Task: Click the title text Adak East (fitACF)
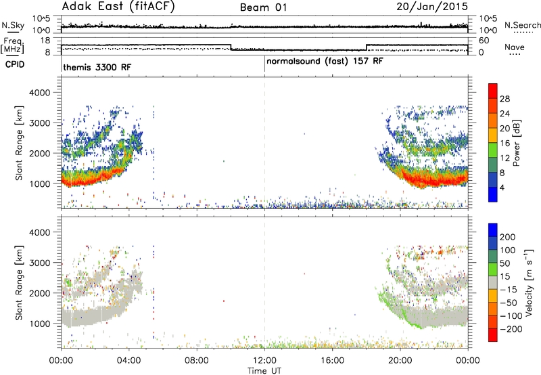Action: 118,6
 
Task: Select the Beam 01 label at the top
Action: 264,7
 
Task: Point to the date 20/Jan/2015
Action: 432,7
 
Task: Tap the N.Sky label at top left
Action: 13,25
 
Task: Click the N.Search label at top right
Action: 523,25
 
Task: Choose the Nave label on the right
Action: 515,47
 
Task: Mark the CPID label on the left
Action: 15,64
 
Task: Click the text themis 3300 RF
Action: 97,67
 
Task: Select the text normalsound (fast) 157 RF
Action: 325,62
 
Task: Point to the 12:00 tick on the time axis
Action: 264,361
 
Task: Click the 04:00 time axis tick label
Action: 129,361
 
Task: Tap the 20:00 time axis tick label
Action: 400,361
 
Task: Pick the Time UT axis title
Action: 264,371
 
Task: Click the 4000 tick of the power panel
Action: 39,93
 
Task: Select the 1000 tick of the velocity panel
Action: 39,324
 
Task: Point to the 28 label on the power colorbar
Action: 504,99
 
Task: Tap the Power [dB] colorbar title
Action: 517,143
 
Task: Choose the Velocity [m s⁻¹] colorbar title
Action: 528,282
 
